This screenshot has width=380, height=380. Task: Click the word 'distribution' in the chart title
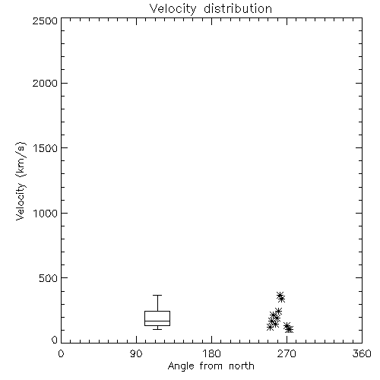point(238,8)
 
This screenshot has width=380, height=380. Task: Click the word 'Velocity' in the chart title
point(173,9)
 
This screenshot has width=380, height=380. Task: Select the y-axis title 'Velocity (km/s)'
point(21,181)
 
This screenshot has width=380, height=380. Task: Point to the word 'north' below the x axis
point(242,366)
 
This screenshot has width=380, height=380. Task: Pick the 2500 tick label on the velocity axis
point(45,21)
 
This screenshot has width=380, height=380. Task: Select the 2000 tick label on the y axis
point(45,83)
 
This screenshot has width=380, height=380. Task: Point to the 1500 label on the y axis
point(46,148)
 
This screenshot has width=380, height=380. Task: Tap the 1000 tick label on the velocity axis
point(46,213)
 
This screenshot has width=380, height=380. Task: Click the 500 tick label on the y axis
point(49,278)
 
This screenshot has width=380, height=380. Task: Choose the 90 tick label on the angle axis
point(136,353)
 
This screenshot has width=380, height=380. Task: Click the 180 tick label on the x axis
point(211,353)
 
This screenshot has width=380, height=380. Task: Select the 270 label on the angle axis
point(287,353)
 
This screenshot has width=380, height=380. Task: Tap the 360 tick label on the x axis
point(362,353)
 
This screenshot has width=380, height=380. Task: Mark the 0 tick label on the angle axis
point(61,353)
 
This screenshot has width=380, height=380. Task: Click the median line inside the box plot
point(157,321)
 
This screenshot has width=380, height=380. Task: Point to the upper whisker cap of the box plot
point(157,295)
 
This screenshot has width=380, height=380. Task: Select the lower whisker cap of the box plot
point(157,329)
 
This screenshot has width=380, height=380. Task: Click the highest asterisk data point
point(280,296)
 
